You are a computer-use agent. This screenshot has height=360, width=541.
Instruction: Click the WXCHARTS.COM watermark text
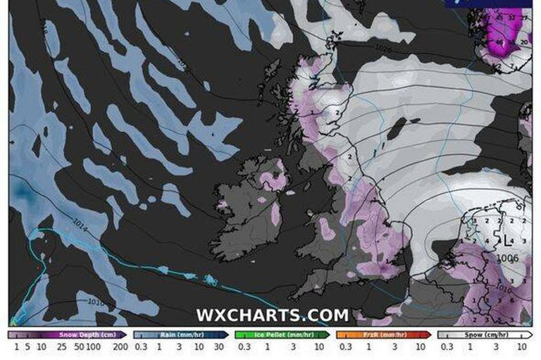click(x=272, y=315)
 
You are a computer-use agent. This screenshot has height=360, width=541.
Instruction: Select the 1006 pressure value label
click(x=507, y=259)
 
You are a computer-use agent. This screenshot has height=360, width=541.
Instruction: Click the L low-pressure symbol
click(x=506, y=242)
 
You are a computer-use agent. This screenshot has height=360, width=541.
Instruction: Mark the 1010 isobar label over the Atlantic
click(x=96, y=302)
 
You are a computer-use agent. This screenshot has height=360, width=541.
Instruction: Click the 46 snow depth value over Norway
click(x=499, y=42)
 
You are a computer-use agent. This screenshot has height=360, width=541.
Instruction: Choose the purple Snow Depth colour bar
click(x=67, y=335)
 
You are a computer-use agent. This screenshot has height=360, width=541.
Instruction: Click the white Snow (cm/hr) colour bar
click(x=484, y=335)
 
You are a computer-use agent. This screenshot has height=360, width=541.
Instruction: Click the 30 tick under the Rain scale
click(x=220, y=347)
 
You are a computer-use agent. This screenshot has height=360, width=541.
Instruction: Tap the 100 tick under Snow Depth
click(x=94, y=347)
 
